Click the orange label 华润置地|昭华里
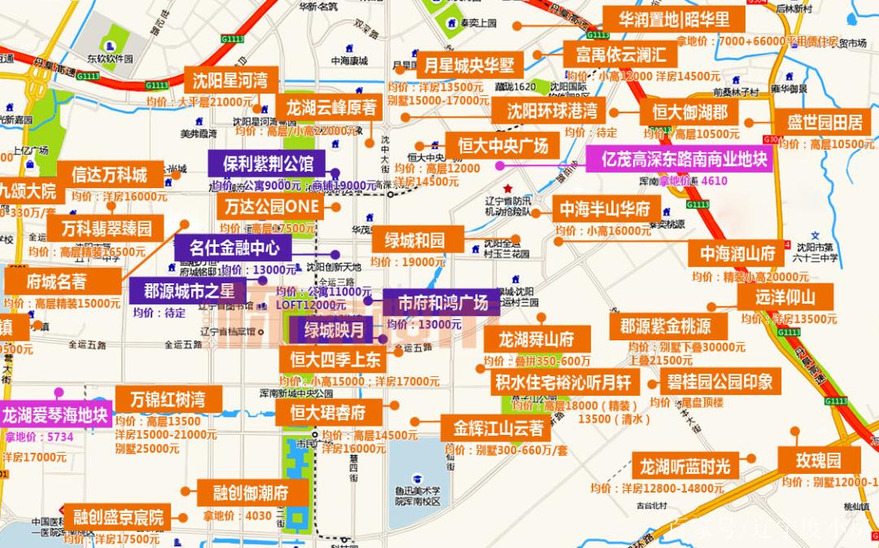(x=675, y=19)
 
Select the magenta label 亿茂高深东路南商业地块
(x=679, y=159)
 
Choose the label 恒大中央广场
(x=503, y=147)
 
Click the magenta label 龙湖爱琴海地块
(x=55, y=415)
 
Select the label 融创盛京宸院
(x=118, y=516)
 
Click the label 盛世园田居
(x=824, y=123)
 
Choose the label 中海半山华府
(x=605, y=209)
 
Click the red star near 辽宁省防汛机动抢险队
(x=509, y=188)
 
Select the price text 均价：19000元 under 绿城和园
(x=408, y=262)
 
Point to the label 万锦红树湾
(x=166, y=400)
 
